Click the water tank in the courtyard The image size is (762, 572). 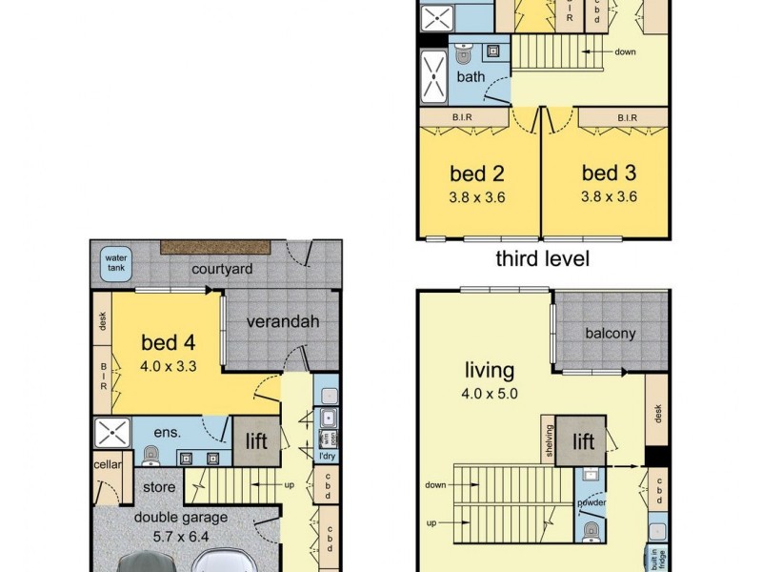pyautogui.click(x=116, y=263)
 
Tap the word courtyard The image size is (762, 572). pyautogui.click(x=221, y=270)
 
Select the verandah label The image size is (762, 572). pyautogui.click(x=283, y=321)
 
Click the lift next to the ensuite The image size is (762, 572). pyautogui.click(x=256, y=441)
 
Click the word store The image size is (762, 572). pyautogui.click(x=159, y=487)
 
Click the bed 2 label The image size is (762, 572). pyautogui.click(x=476, y=174)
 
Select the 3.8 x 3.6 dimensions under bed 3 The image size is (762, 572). pyautogui.click(x=609, y=196)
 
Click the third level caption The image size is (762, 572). pyautogui.click(x=542, y=258)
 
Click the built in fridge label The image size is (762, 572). pyautogui.click(x=656, y=557)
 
